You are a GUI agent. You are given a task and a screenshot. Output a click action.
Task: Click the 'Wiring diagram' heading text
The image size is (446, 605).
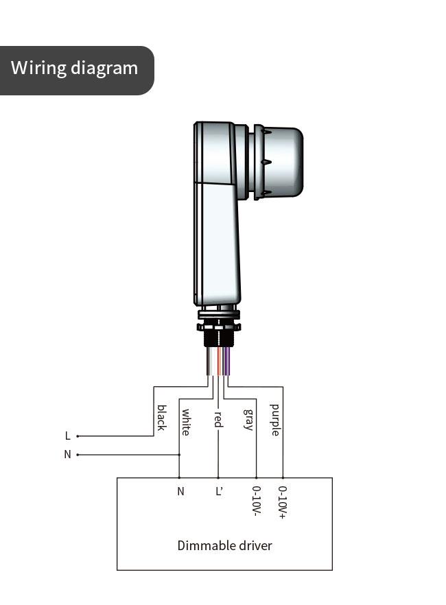tap(74, 69)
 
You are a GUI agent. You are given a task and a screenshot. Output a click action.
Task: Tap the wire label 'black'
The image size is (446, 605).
tap(161, 418)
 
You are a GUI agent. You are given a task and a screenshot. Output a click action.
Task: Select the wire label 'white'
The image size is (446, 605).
tap(185, 422)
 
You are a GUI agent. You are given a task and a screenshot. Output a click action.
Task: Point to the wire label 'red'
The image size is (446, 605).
tap(218, 420)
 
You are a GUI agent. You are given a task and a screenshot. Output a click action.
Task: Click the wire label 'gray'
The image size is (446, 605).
tap(249, 419)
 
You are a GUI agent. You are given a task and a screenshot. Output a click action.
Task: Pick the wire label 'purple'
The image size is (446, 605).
tap(274, 420)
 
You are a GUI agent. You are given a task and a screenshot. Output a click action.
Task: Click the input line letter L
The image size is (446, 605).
tap(67, 436)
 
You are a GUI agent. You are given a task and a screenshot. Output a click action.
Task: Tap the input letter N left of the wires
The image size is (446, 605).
tap(67, 455)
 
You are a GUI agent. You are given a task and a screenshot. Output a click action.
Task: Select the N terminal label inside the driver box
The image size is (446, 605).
tap(180, 491)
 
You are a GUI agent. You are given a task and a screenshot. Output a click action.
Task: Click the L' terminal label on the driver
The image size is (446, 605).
tap(219, 491)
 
